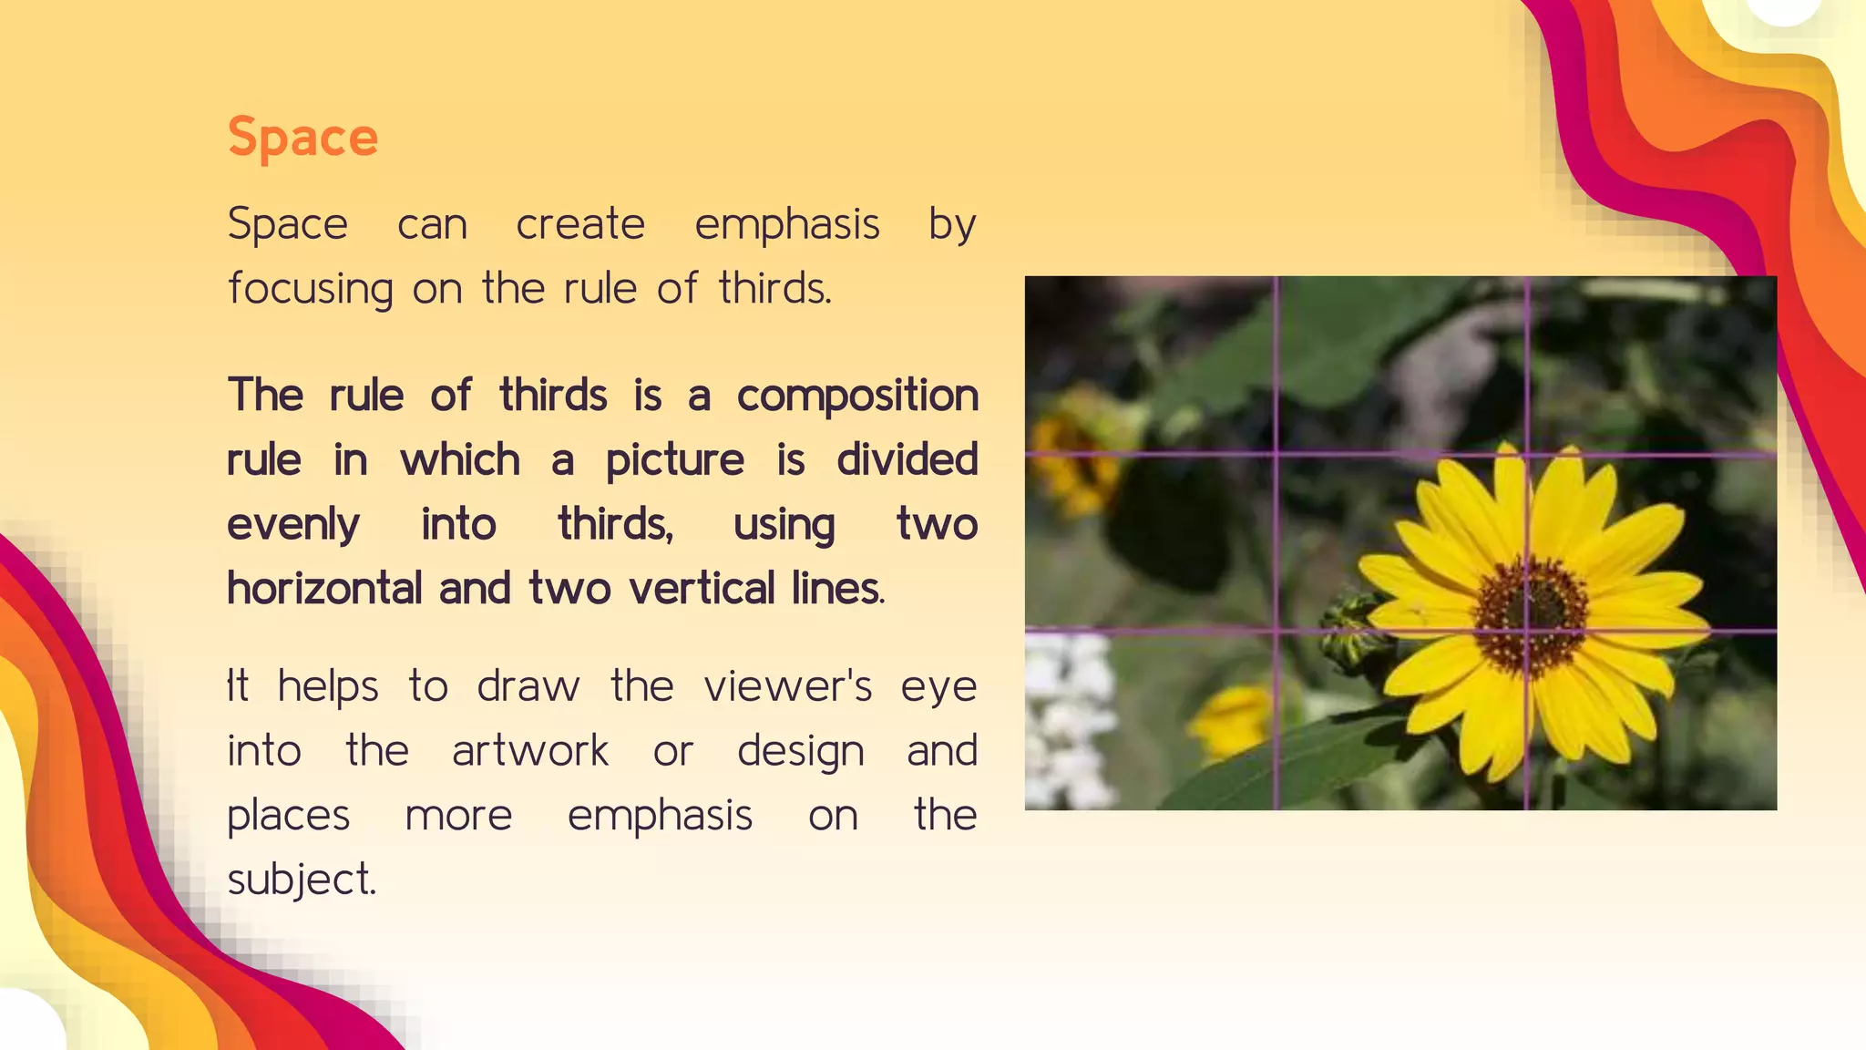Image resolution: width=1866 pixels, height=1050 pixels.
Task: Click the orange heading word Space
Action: [x=302, y=139]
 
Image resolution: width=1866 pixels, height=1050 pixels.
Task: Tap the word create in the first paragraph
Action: [x=580, y=224]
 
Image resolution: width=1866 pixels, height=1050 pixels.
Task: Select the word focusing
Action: [x=311, y=289]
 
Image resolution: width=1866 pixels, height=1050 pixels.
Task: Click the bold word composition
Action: [x=857, y=396]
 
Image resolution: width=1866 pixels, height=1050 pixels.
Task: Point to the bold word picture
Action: [x=675, y=460]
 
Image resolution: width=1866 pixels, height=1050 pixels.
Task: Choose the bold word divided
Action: [x=907, y=459]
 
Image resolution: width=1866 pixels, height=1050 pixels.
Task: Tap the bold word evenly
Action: [x=293, y=525]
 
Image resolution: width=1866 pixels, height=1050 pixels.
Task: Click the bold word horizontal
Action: [x=324, y=589]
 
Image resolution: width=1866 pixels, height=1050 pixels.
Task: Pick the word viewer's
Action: [x=788, y=686]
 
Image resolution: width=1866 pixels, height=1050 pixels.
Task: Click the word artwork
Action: [x=530, y=751]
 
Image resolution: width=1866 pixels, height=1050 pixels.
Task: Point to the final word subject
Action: [x=301, y=880]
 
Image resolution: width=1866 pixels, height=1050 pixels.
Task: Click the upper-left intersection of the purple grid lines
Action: [x=1276, y=453]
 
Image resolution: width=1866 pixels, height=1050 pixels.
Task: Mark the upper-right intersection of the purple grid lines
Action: [x=1528, y=453]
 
